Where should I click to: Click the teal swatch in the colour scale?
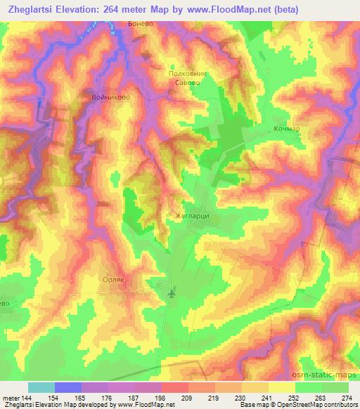tap(41, 387)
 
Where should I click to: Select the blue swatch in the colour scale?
tap(68, 387)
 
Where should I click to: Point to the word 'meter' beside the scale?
tap(8, 397)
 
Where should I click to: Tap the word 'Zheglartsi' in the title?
tap(34, 10)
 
